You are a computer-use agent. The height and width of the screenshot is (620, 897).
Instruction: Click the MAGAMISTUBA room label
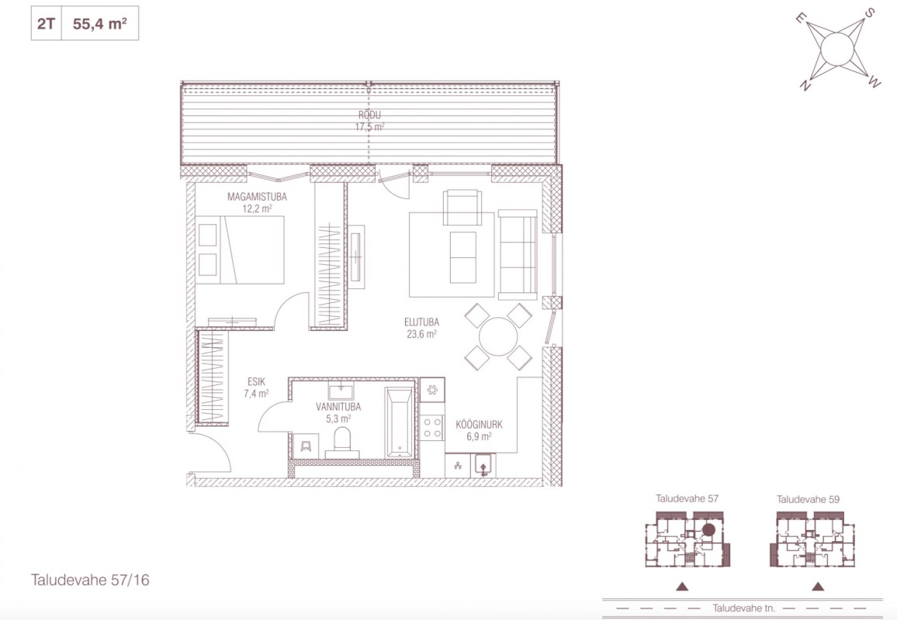point(257,197)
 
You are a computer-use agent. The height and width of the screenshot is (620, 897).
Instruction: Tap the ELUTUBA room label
point(421,322)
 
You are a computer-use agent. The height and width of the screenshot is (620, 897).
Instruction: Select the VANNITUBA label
point(338,407)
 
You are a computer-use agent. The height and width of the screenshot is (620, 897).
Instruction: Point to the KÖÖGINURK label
point(479,425)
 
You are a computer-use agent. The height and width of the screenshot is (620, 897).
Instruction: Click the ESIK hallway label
point(256,382)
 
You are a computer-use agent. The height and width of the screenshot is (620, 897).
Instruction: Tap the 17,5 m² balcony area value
point(369,127)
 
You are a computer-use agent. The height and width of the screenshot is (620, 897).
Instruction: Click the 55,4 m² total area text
point(99,23)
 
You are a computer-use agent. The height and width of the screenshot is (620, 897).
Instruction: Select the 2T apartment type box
point(47,23)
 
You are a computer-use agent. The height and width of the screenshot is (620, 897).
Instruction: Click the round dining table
point(498,336)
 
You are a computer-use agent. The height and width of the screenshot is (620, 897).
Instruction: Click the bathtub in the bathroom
point(400,422)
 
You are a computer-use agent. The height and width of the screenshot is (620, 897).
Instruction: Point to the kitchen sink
point(483,465)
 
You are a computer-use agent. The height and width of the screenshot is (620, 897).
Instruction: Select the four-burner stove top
point(432,427)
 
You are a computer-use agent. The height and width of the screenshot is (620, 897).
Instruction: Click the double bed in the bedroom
point(240,250)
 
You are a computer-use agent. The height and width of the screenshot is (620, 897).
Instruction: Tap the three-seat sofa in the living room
point(518,255)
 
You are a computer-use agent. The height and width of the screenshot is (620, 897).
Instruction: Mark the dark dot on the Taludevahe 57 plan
point(708,530)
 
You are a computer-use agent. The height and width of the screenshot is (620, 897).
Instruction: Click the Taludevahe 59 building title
point(808,499)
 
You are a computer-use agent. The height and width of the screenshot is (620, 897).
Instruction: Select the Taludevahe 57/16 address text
point(90,580)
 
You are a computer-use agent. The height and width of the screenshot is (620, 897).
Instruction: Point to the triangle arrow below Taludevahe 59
point(818,586)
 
